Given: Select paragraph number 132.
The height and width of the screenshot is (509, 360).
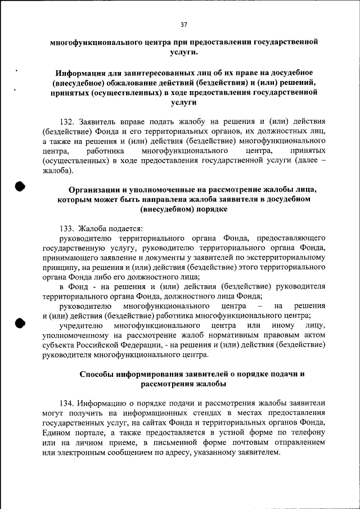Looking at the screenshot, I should [x=68, y=121].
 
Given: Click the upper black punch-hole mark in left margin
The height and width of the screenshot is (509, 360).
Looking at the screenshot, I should [x=20, y=187].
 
